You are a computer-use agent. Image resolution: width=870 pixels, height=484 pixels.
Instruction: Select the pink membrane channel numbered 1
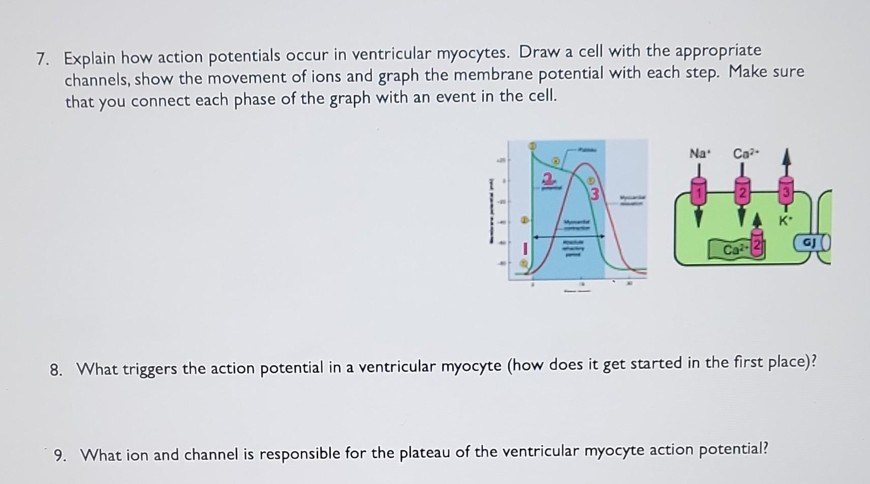click(x=699, y=192)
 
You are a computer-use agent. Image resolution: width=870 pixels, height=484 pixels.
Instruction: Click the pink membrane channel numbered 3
click(x=786, y=192)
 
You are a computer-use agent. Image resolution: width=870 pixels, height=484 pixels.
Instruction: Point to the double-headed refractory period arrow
click(x=568, y=236)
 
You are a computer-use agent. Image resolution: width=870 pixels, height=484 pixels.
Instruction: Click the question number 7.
click(x=43, y=60)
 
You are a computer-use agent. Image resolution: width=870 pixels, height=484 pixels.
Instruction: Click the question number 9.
click(x=59, y=456)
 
